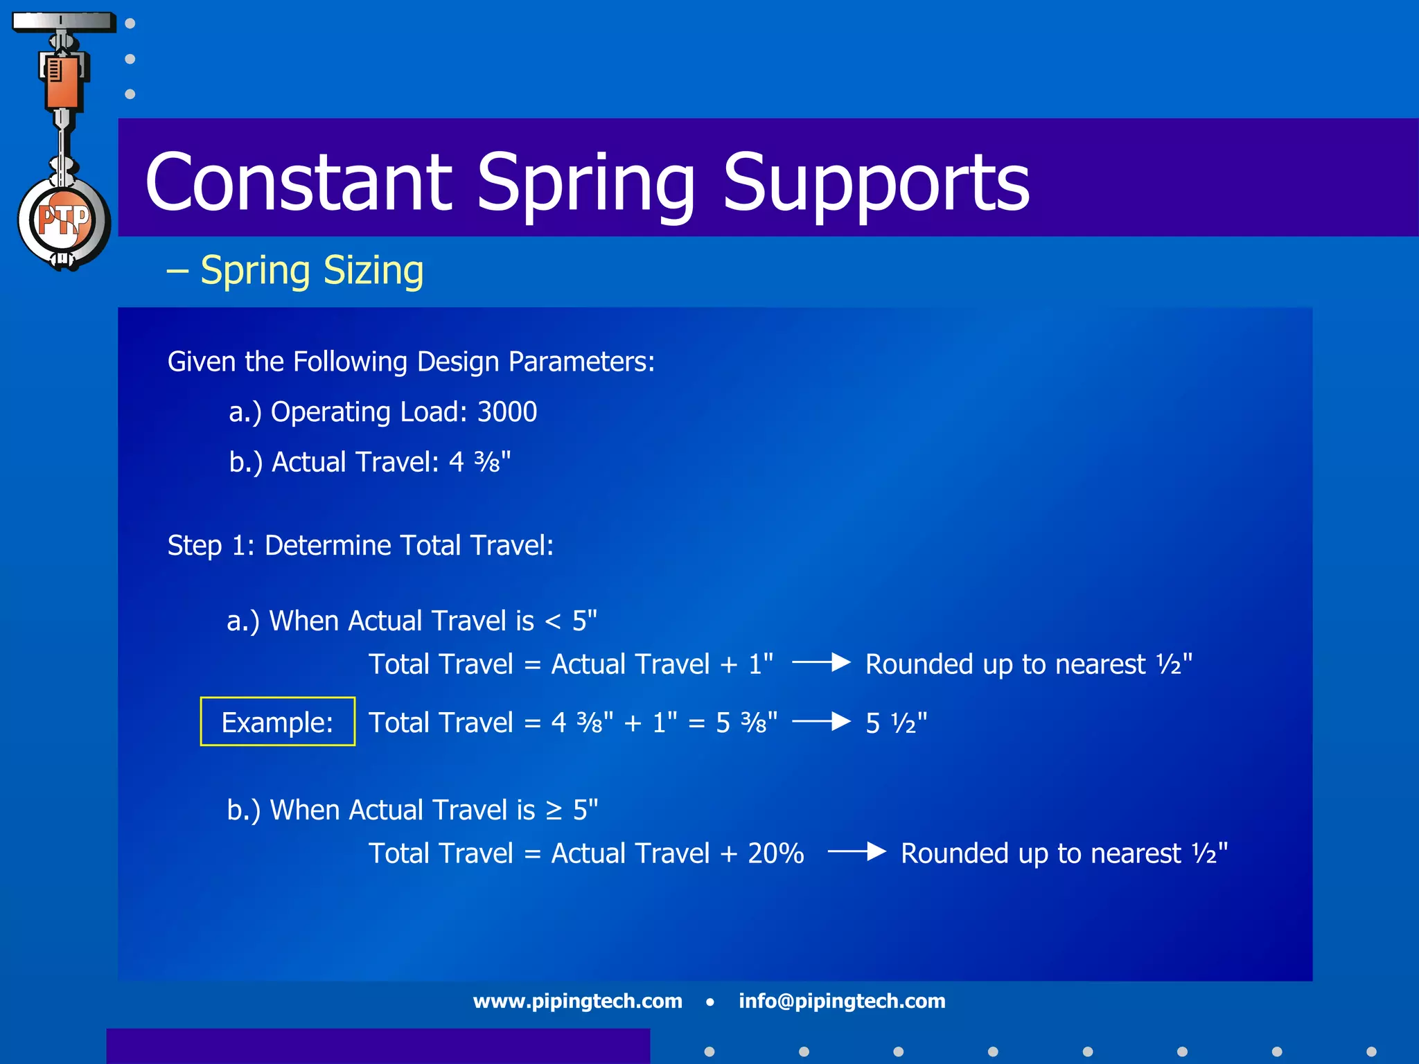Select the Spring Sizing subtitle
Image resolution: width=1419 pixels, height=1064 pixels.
click(x=311, y=270)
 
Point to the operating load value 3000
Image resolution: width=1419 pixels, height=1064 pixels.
click(x=507, y=412)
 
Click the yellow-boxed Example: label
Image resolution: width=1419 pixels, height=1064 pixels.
click(x=277, y=722)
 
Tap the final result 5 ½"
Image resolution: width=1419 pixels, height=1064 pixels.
click(x=896, y=723)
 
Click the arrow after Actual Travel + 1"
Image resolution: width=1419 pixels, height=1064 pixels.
click(x=821, y=663)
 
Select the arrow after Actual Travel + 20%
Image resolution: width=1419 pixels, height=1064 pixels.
click(x=857, y=851)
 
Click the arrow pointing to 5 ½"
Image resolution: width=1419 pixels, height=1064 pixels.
click(x=821, y=722)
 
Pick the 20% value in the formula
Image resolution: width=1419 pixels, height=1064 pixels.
click(x=775, y=853)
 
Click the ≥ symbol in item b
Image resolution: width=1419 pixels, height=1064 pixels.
click(x=554, y=811)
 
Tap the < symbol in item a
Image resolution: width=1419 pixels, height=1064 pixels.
click(x=553, y=622)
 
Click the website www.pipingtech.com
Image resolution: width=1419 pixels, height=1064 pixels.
click(x=577, y=1001)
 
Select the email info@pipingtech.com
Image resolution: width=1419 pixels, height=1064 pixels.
click(x=842, y=1001)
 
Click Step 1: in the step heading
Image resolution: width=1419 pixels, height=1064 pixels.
click(x=211, y=546)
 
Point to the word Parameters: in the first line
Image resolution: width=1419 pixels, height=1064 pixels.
click(x=581, y=362)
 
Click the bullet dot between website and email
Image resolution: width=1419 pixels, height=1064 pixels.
click(x=709, y=1002)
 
